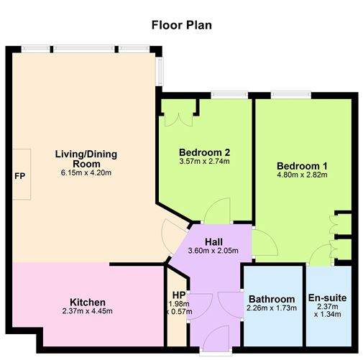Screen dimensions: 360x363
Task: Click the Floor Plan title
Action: [x=181, y=25]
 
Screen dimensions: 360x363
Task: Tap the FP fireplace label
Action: [x=19, y=175]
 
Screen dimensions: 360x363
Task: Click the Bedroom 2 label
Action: [x=204, y=152]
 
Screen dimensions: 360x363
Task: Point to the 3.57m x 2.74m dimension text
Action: [x=204, y=163]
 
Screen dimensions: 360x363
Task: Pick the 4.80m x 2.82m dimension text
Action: [x=301, y=175]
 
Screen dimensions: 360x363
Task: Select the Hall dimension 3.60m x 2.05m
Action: [x=215, y=251]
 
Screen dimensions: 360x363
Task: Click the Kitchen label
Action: [x=88, y=302]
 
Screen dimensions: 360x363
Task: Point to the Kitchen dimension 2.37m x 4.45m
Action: [x=88, y=312]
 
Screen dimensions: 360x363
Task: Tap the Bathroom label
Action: [x=272, y=300]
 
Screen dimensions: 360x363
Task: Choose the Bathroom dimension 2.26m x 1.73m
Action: [x=272, y=310]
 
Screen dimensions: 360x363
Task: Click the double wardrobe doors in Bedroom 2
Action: [x=178, y=114]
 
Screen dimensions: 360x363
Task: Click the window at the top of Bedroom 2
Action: [x=228, y=94]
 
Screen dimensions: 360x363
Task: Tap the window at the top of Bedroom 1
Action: [x=295, y=94]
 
